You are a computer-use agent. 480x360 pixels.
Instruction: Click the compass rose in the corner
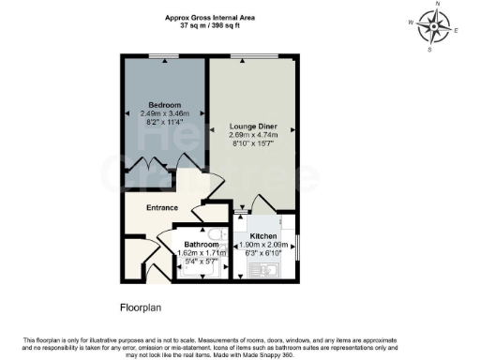[x=432, y=27]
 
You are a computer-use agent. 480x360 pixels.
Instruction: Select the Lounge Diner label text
[x=254, y=126]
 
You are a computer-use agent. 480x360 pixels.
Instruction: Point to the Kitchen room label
[x=262, y=237]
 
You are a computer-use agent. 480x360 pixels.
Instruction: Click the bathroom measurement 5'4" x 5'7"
[x=197, y=261]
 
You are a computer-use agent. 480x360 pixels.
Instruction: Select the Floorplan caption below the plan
[x=142, y=307]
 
